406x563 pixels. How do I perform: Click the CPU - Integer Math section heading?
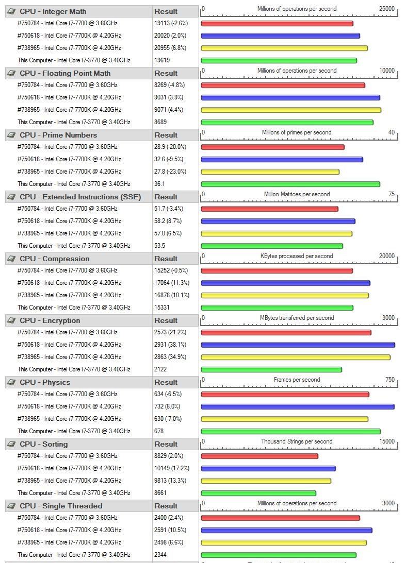(x=53, y=11)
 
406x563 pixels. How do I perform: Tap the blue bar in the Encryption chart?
(x=298, y=345)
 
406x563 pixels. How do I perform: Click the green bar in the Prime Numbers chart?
(x=290, y=184)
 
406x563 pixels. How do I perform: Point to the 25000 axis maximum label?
(x=386, y=9)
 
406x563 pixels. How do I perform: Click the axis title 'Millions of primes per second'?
(x=297, y=132)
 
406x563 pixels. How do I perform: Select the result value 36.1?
(x=159, y=184)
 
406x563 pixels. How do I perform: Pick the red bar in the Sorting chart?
(x=259, y=456)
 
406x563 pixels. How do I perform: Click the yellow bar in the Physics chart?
(x=284, y=419)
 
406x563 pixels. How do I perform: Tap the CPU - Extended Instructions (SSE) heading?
(x=80, y=197)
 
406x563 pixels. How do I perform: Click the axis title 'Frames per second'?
(x=297, y=380)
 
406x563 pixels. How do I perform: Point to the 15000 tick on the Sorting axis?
(x=386, y=441)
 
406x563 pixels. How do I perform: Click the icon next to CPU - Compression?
(x=12, y=259)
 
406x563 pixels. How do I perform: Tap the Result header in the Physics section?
(x=166, y=382)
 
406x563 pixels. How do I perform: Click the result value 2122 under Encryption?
(x=161, y=369)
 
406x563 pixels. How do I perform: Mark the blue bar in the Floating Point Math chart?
(x=290, y=98)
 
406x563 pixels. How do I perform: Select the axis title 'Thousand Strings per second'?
(x=297, y=441)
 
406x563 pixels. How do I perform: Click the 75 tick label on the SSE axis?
(x=391, y=194)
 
